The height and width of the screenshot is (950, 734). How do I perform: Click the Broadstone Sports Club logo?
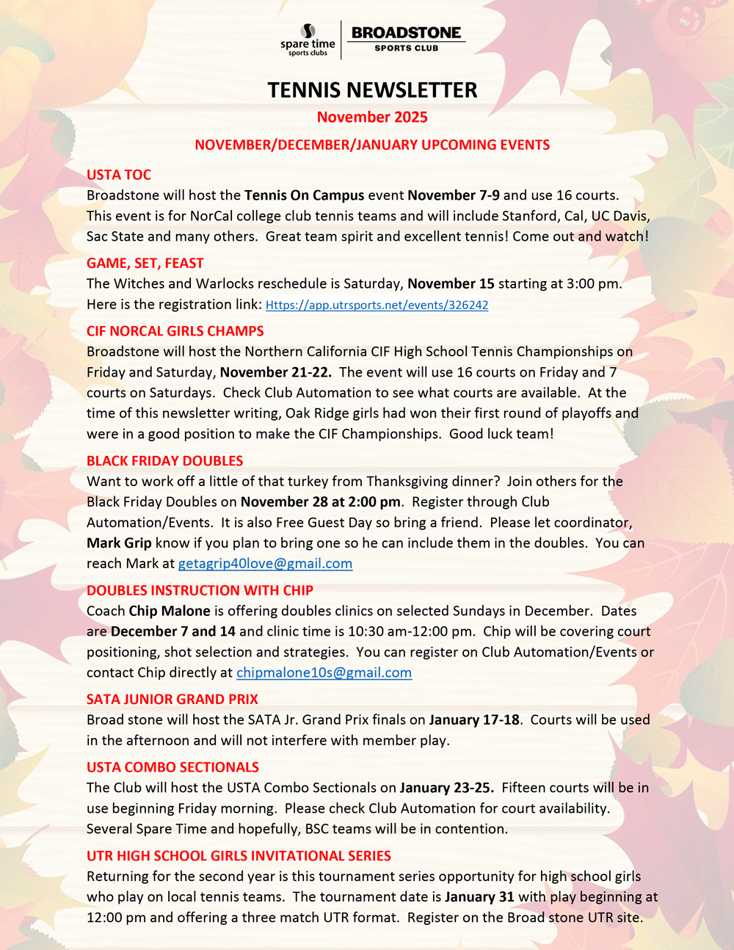[x=406, y=39]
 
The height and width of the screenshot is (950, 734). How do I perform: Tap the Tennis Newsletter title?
[x=372, y=90]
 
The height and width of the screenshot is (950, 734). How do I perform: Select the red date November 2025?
[x=372, y=117]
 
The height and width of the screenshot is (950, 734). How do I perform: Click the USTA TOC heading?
[x=119, y=175]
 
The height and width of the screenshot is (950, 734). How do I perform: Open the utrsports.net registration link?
[x=377, y=305]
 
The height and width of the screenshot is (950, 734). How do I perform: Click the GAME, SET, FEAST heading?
[x=145, y=263]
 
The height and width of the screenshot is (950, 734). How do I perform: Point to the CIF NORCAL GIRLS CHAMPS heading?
[x=175, y=331]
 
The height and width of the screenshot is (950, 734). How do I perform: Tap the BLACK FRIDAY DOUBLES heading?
[x=165, y=461]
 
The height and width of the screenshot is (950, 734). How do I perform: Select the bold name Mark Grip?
[x=119, y=543]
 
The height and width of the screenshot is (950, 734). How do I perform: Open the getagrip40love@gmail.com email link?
[x=265, y=564]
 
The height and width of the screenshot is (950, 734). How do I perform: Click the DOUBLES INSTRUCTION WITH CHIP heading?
[x=200, y=590]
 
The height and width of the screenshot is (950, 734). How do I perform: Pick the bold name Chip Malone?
[x=170, y=611]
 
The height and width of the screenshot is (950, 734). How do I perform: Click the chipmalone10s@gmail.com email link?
[x=324, y=672]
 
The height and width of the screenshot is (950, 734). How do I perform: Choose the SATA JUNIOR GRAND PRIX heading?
[x=172, y=700]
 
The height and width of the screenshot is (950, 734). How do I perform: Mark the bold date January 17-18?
[x=474, y=719]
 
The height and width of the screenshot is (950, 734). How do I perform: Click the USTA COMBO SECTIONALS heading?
[x=172, y=767]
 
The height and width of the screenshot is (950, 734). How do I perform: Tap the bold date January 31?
[x=479, y=896]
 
